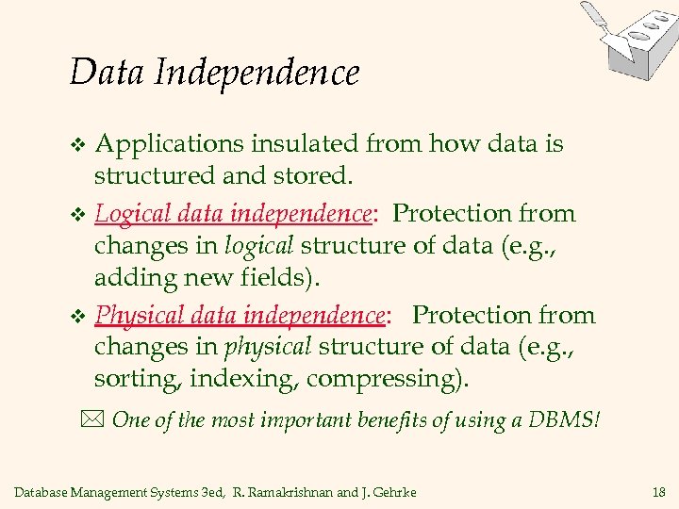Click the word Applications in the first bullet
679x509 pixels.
[171, 145]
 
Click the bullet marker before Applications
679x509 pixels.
[79, 146]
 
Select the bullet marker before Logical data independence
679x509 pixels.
[79, 215]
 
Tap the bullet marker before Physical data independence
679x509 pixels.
[79, 317]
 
